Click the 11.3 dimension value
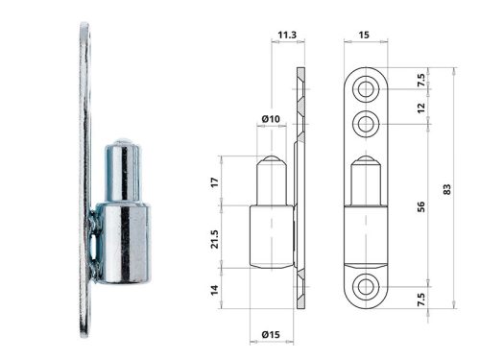pyautogui.click(x=285, y=36)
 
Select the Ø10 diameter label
pyautogui.click(x=270, y=119)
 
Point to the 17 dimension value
pyautogui.click(x=214, y=181)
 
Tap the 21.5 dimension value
pyautogui.click(x=214, y=236)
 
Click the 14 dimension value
pyautogui.click(x=214, y=287)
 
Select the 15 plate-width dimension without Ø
pyautogui.click(x=365, y=36)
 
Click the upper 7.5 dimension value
pyautogui.click(x=419, y=80)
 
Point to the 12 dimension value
pyautogui.click(x=419, y=108)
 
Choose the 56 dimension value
pyautogui.click(x=419, y=204)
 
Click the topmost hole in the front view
pyautogui.click(x=366, y=89)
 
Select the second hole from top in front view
pyautogui.click(x=366, y=123)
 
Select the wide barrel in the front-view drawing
pyautogui.click(x=366, y=235)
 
